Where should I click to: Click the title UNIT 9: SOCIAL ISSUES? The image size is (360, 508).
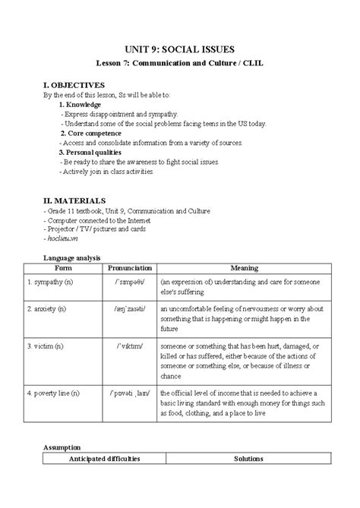coord(179,46)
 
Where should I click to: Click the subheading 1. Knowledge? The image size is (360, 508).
coord(80,104)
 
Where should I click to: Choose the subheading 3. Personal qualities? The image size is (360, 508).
coord(93,153)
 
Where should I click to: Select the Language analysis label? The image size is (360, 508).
coord(72,258)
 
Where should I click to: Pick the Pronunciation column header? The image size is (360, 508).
coord(130,269)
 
